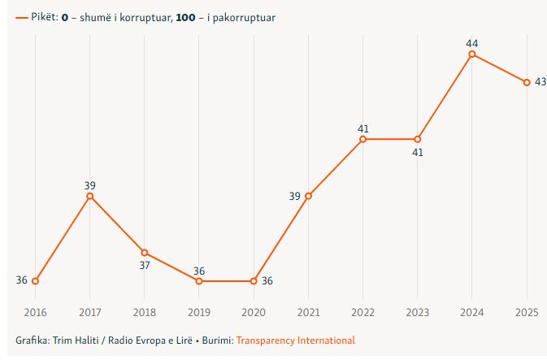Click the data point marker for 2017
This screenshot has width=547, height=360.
(x=90, y=196)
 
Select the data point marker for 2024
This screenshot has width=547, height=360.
(x=472, y=54)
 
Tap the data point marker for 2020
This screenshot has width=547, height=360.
(x=254, y=281)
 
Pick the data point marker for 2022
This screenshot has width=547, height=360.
(x=363, y=139)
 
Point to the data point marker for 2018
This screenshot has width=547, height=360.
(x=145, y=253)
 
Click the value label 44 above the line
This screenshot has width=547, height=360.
(x=472, y=42)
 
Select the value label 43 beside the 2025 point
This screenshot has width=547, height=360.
(x=540, y=81)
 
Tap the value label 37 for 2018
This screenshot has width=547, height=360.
(x=145, y=265)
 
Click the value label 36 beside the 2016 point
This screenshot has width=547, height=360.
(x=22, y=280)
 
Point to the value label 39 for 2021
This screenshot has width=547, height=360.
(x=294, y=196)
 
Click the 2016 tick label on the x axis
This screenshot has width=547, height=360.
(x=35, y=312)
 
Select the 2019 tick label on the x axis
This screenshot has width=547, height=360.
(x=199, y=312)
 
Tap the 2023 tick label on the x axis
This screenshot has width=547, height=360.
(x=418, y=312)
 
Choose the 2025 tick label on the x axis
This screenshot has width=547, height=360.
(x=527, y=312)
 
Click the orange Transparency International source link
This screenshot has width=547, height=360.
(x=295, y=340)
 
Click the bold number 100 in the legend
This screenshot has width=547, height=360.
(x=185, y=17)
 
